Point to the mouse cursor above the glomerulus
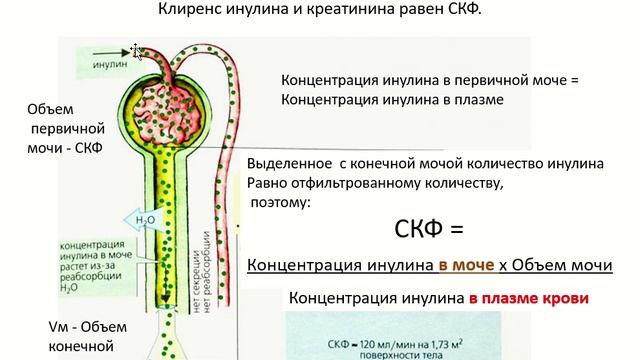pos(137,50)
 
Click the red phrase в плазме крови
pos(525,298)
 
